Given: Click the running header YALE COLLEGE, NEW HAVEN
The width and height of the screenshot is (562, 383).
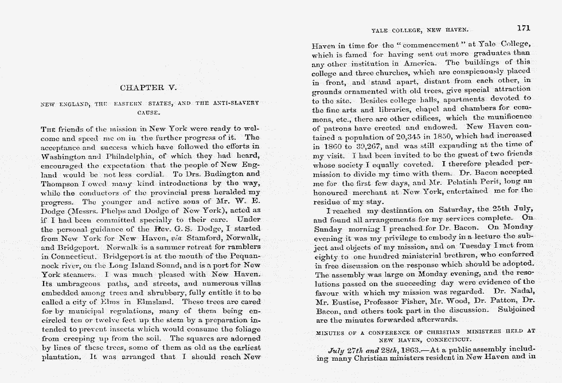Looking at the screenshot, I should coord(420,29).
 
